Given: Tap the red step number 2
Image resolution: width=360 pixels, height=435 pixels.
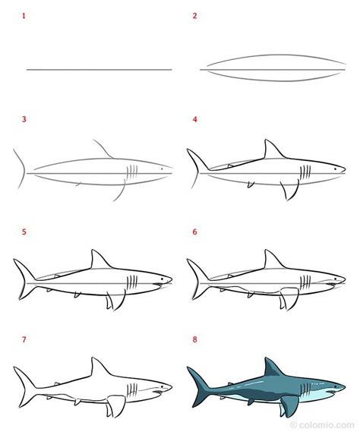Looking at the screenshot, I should (x=194, y=15).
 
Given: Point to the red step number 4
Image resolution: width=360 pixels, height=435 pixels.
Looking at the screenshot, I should (x=194, y=119).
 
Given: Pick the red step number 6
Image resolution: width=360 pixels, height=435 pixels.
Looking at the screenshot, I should (x=194, y=232).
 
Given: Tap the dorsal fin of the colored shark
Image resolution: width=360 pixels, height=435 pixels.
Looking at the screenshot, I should (x=270, y=367).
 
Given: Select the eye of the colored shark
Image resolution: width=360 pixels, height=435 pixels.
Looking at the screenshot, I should (x=333, y=383).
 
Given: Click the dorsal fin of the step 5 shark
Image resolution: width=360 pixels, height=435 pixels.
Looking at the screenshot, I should (x=97, y=259).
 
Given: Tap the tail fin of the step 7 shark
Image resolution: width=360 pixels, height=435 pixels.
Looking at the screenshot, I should (x=24, y=379).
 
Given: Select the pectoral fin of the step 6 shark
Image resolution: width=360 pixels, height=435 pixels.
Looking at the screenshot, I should (x=287, y=297).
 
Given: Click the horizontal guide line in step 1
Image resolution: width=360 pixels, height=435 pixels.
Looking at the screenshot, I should (x=99, y=70).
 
